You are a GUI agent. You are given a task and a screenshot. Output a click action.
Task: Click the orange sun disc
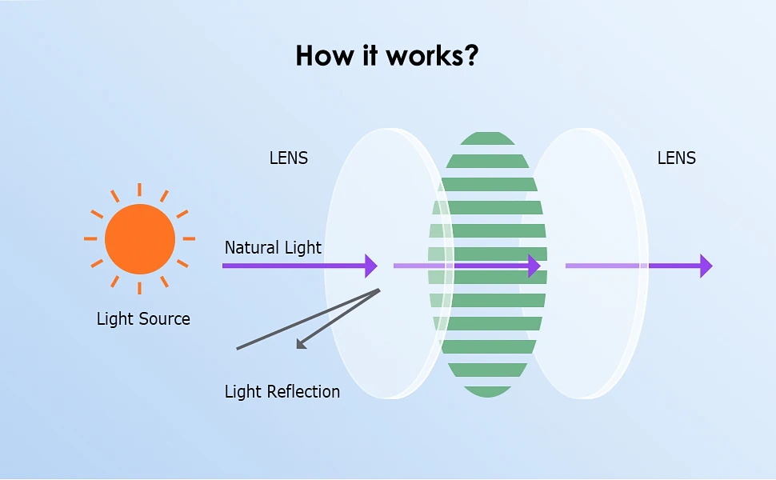point(139,239)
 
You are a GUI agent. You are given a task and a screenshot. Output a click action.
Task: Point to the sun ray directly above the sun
point(139,190)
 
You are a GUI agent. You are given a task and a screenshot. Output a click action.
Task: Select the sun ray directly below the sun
point(139,288)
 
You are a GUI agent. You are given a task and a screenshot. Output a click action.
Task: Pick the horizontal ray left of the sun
point(90,238)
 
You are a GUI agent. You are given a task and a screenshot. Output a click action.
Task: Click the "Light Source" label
point(143,318)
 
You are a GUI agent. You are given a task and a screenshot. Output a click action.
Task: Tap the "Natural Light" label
point(273,247)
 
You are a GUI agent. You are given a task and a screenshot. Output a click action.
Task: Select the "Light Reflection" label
point(282,391)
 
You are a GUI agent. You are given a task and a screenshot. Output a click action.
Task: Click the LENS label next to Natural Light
point(289,158)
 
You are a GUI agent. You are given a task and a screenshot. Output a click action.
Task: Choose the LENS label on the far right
point(677,158)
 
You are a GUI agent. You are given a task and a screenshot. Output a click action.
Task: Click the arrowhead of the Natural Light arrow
point(371,266)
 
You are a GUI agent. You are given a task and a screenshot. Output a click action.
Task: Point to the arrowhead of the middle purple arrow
point(534,266)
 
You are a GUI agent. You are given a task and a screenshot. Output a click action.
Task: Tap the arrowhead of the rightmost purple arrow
point(706,266)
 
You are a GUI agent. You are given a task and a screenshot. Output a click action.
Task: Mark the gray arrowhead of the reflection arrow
point(301,344)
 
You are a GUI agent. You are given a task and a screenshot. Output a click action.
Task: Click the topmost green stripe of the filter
point(487,138)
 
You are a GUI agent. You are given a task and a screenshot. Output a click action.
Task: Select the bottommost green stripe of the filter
point(487,391)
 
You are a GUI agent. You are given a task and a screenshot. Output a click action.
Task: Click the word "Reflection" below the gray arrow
point(303,391)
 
